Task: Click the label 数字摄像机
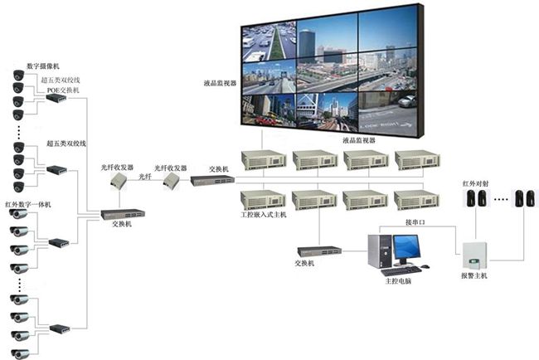click(43, 66)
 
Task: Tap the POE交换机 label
click(63, 90)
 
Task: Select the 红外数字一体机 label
click(28, 205)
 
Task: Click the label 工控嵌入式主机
click(264, 215)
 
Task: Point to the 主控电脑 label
click(398, 281)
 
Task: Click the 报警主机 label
click(474, 275)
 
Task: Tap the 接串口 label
click(415, 222)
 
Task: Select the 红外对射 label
click(475, 183)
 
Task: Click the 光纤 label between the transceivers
click(145, 177)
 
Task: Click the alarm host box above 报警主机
click(474, 255)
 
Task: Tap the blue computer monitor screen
click(406, 247)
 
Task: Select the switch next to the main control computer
click(319, 251)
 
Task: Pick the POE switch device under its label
click(56, 99)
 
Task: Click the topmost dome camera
click(18, 75)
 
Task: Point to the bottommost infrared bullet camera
click(19, 353)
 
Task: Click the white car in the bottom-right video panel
click(406, 101)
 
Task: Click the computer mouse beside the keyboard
click(425, 266)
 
